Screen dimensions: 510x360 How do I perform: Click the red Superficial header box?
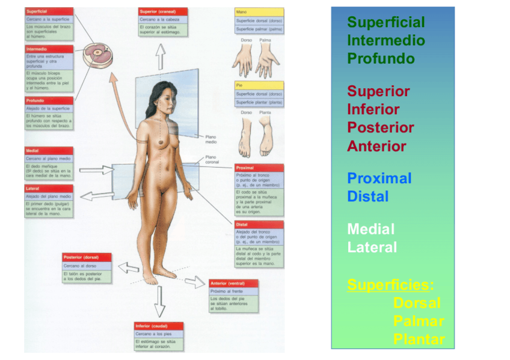[49, 11]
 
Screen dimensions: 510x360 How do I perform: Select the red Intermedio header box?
[49, 49]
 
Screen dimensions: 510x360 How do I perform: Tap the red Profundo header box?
[49, 100]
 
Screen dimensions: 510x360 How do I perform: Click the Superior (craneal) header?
[162, 11]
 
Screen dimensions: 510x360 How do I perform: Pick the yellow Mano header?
[259, 11]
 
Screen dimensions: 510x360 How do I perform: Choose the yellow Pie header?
[259, 85]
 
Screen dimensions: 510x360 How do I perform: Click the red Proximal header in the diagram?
[259, 168]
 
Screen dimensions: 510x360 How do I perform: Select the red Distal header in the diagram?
[259, 225]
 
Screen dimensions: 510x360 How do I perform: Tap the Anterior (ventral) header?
[233, 283]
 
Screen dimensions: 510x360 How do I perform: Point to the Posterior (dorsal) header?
[87, 257]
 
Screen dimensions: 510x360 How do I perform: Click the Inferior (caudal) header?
[159, 326]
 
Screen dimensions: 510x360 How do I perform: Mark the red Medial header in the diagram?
[49, 150]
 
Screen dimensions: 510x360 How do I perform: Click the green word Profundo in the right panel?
[381, 59]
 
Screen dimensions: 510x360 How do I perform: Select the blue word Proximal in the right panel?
[379, 178]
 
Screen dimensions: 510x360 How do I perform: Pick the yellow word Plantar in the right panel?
[419, 339]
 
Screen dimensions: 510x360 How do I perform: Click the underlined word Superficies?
[390, 284]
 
